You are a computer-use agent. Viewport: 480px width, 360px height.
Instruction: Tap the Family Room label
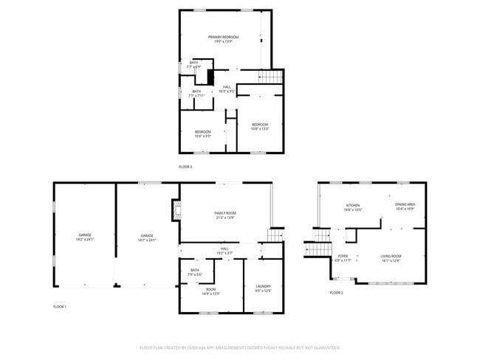(x=224, y=215)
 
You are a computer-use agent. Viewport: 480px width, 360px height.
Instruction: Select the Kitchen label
(x=352, y=207)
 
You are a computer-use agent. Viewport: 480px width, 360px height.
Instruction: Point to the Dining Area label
(x=405, y=207)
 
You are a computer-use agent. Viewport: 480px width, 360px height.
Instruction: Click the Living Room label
(x=391, y=258)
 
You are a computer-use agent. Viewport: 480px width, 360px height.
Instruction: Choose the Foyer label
(x=343, y=258)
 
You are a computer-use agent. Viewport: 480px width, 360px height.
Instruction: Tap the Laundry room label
(x=263, y=288)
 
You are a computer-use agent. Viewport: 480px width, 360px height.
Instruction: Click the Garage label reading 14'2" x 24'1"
(x=85, y=238)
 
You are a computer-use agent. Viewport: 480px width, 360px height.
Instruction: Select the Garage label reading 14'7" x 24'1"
(x=148, y=238)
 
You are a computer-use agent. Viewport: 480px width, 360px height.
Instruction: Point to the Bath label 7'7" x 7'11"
(x=196, y=94)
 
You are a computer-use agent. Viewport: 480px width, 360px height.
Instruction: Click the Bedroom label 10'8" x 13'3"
(x=260, y=125)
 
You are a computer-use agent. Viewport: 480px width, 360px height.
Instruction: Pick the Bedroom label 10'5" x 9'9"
(x=202, y=134)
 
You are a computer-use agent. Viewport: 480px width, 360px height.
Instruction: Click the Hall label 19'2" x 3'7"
(x=224, y=251)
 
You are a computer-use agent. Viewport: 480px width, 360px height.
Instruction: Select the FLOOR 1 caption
(x=60, y=306)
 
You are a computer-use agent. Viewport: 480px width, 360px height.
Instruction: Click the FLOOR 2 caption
(x=336, y=293)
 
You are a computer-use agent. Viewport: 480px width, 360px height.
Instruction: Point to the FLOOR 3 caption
(x=185, y=167)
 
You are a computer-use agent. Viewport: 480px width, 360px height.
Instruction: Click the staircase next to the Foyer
(x=318, y=243)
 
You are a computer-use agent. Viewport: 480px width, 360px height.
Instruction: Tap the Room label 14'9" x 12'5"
(x=210, y=291)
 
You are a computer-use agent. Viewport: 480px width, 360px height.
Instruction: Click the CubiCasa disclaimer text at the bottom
(x=239, y=347)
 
